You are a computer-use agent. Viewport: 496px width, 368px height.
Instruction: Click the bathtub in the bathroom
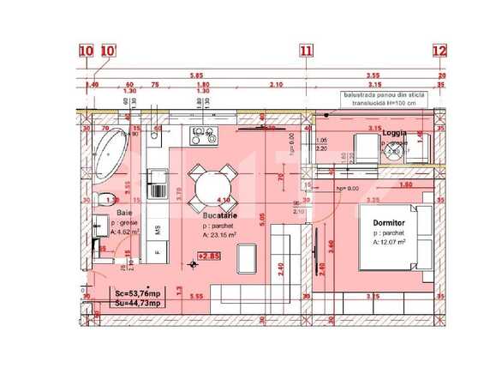click(x=109, y=154)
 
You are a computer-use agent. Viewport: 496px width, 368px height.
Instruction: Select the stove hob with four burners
click(x=203, y=135)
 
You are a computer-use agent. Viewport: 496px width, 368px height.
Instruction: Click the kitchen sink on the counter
click(x=158, y=180)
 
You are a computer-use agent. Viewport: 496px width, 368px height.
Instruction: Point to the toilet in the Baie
click(x=103, y=201)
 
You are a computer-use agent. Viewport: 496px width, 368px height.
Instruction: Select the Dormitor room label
click(x=390, y=222)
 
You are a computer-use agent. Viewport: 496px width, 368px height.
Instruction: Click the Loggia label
click(x=394, y=133)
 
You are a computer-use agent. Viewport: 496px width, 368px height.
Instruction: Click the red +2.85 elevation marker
click(x=208, y=255)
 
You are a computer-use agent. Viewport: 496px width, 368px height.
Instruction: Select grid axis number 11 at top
click(x=306, y=51)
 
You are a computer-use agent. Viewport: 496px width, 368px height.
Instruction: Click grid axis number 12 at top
click(x=439, y=51)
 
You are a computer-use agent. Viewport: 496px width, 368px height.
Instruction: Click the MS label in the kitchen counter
click(x=158, y=229)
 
